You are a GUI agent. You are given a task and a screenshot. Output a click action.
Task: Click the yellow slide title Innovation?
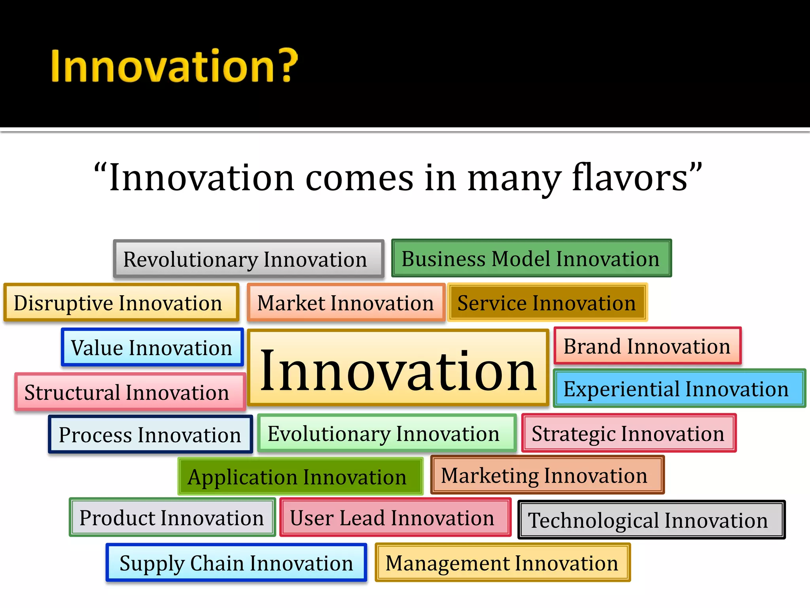(x=174, y=66)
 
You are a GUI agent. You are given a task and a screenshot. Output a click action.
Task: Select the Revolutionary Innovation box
(x=248, y=259)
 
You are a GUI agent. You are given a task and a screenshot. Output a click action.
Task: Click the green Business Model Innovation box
(x=531, y=258)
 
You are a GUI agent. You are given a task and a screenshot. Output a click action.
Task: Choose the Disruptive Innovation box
(x=121, y=302)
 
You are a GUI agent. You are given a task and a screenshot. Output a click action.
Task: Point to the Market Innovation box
(x=346, y=302)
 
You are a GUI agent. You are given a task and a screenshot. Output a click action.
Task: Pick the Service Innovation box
(x=547, y=302)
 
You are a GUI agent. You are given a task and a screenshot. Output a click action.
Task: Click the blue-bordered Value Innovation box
(x=152, y=347)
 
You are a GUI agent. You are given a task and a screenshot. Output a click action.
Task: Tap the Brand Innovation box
(x=647, y=346)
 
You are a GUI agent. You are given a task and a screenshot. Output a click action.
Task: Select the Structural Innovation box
(x=130, y=392)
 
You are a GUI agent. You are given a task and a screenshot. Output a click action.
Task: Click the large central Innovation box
(x=398, y=368)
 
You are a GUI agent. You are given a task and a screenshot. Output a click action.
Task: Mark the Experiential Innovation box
(x=679, y=388)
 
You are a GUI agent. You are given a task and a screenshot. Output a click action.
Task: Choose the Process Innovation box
(x=150, y=434)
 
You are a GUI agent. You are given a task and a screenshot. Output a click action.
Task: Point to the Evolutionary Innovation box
(x=386, y=433)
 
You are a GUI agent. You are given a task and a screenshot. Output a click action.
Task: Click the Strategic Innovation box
(x=628, y=433)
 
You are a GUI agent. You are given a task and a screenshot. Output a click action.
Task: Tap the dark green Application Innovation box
(x=300, y=477)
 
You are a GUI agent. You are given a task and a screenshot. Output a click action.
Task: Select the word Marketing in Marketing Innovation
(x=489, y=475)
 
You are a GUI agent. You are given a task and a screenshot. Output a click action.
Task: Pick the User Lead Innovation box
(x=395, y=517)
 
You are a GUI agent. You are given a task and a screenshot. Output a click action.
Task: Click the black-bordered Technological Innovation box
(x=651, y=520)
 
